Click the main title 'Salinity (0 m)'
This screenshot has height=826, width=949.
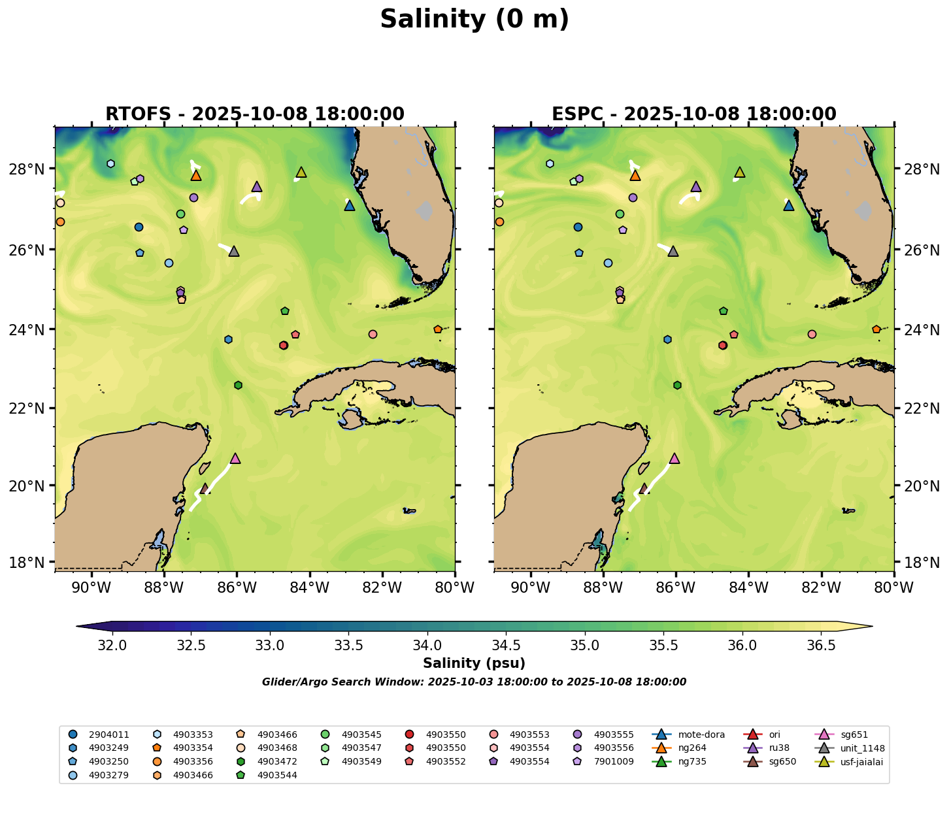pyautogui.click(x=474, y=20)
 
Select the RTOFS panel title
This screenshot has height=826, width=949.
pyautogui.click(x=255, y=114)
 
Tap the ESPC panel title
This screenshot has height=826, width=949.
pyautogui.click(x=694, y=114)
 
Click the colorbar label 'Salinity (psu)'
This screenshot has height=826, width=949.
pyautogui.click(x=474, y=664)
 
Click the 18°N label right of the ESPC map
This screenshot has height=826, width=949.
pyautogui.click(x=922, y=563)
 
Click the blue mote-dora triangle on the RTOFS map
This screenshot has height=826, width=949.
pyautogui.click(x=350, y=205)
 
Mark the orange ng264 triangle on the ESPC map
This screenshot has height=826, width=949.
pyautogui.click(x=635, y=175)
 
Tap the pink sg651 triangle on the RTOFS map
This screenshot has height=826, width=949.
pyautogui.click(x=235, y=458)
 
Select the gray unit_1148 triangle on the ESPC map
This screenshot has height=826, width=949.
pyautogui.click(x=673, y=251)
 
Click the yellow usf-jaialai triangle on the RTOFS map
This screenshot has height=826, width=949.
pyautogui.click(x=301, y=172)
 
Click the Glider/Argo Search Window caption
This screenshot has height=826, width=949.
pyautogui.click(x=474, y=682)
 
